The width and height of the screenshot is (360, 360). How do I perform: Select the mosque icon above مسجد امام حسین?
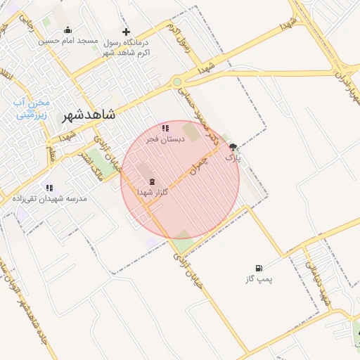pyautogui.click(x=67, y=30)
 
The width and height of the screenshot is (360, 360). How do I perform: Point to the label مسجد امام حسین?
pyautogui.click(x=67, y=41)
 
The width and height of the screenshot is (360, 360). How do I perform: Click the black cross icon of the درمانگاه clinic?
pyautogui.click(x=126, y=32)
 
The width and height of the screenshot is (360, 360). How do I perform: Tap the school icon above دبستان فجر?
pyautogui.click(x=165, y=128)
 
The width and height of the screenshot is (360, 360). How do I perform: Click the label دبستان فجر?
pyautogui.click(x=166, y=139)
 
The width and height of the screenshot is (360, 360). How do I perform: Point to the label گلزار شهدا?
pyautogui.click(x=153, y=192)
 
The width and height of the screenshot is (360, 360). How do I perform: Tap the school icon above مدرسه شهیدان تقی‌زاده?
pyautogui.click(x=49, y=188)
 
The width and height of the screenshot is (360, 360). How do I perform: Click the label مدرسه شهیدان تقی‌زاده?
pyautogui.click(x=51, y=199)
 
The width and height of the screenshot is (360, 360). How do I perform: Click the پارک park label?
pyautogui.click(x=233, y=158)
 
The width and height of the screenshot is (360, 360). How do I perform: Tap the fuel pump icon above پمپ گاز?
pyautogui.click(x=259, y=268)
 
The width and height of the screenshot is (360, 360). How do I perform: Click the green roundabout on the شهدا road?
pyautogui.click(x=177, y=82)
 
